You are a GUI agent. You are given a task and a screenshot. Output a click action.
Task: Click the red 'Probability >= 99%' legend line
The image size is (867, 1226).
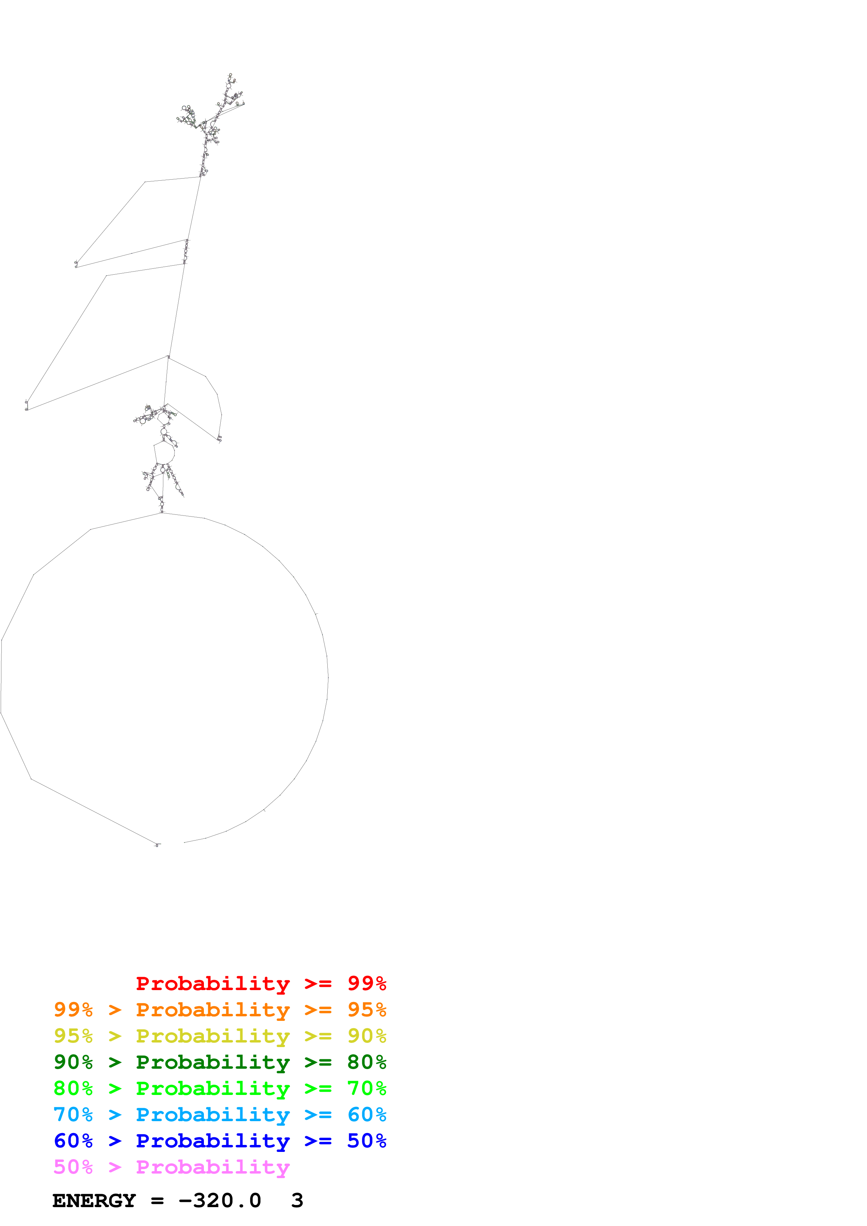click(x=261, y=983)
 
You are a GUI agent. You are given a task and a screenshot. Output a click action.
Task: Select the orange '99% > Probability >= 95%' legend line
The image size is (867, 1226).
click(x=220, y=1010)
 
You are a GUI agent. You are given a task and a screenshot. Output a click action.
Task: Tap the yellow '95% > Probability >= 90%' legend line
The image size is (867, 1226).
click(x=220, y=1036)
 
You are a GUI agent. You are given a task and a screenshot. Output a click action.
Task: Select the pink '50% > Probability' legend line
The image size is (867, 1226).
click(x=171, y=1167)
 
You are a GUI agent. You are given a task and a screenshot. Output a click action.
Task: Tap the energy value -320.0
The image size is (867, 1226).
click(x=220, y=1201)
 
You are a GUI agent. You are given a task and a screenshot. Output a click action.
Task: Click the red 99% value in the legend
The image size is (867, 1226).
click(x=367, y=983)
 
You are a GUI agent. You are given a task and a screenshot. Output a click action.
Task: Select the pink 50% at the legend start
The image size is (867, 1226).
click(x=73, y=1167)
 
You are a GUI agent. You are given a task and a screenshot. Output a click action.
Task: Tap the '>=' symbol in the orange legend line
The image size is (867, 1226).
click(x=318, y=1010)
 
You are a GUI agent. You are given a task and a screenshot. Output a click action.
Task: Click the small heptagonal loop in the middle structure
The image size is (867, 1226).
click(x=164, y=453)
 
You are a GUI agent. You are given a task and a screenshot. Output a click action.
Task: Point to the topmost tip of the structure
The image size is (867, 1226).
click(x=230, y=74)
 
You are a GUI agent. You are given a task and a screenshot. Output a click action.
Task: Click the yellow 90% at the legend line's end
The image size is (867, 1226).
click(x=367, y=1036)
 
